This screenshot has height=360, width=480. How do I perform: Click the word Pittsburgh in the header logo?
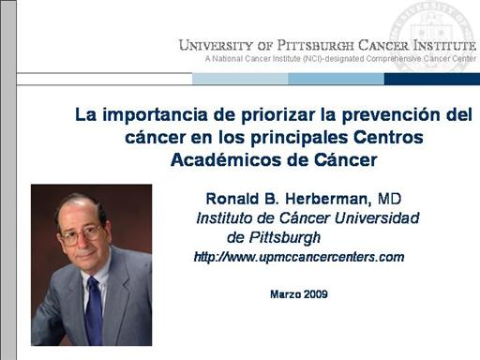point(315,45)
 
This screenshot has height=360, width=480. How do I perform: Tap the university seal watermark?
point(434,35)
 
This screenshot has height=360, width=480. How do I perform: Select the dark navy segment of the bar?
point(432,79)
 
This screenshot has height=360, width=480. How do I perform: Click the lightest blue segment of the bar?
point(240,79)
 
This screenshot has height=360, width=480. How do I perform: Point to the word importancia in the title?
point(155,115)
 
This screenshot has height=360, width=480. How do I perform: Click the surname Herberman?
point(328,199)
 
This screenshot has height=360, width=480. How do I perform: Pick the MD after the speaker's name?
point(389,199)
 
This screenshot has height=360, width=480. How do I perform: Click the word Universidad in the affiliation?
point(377,218)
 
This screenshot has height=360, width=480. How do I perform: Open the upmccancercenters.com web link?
point(299,257)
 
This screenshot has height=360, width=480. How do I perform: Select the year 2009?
point(316,294)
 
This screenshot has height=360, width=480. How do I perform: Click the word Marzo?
point(286,294)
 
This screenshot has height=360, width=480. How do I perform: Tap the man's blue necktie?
point(94,310)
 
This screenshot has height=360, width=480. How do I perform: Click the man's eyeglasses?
point(82,235)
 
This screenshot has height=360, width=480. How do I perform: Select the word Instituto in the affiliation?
point(224,218)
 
